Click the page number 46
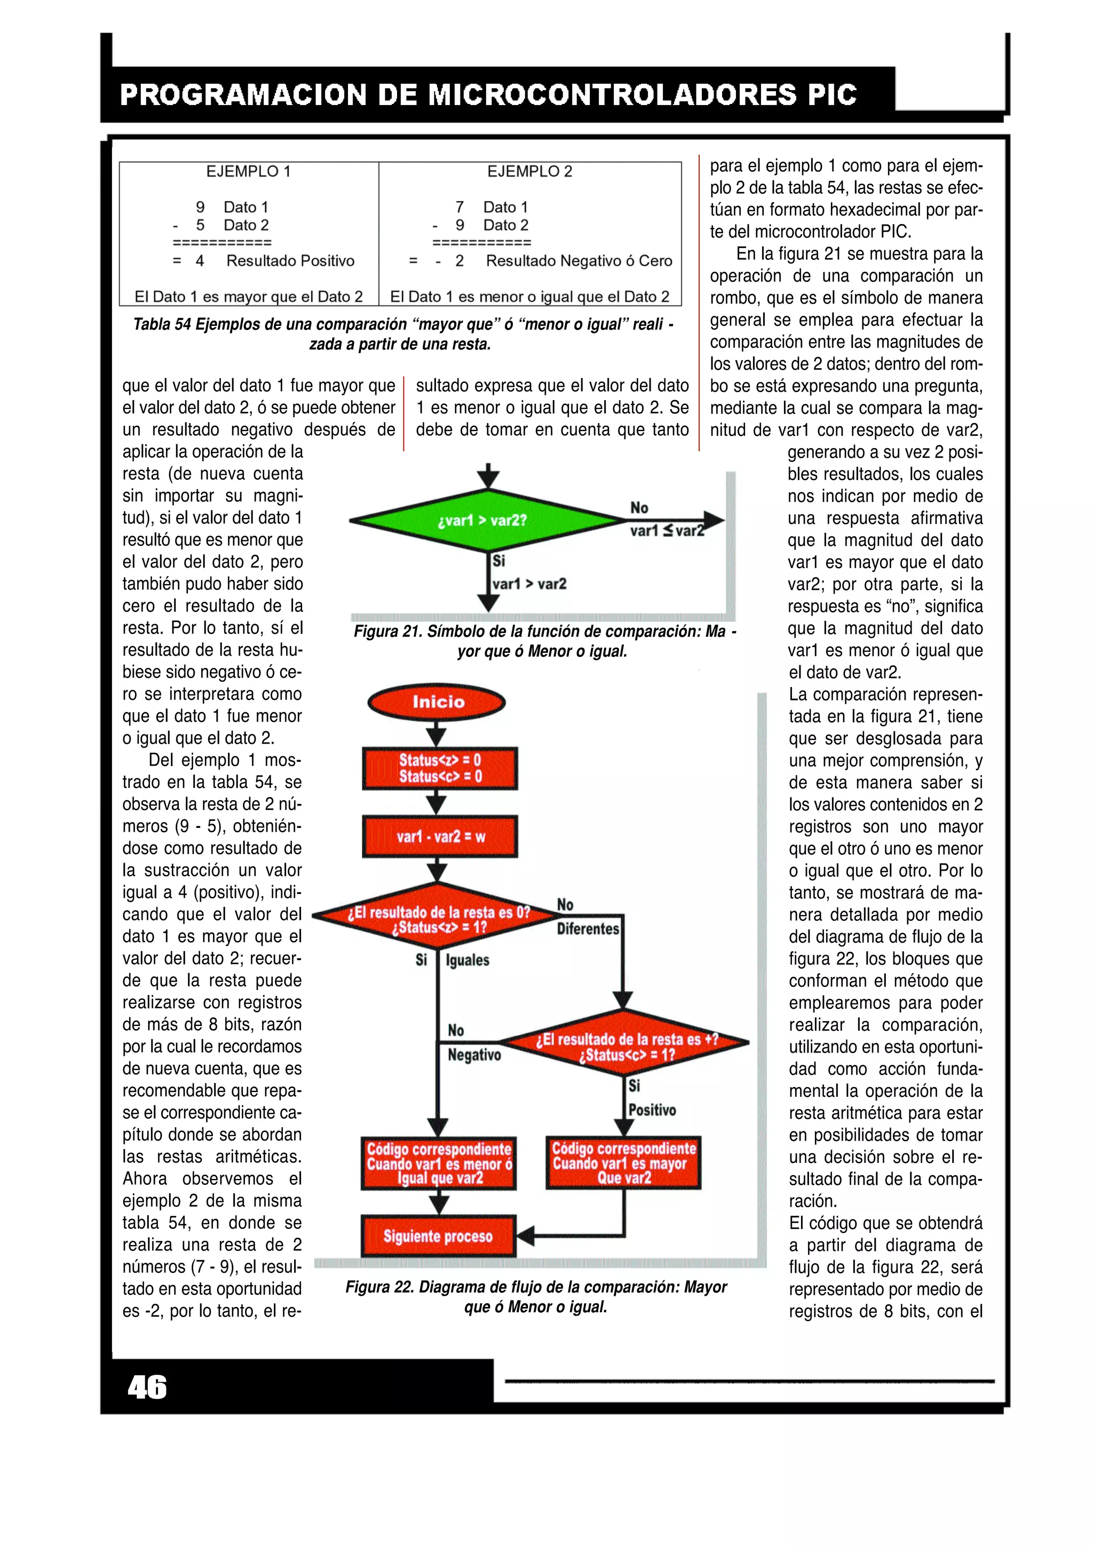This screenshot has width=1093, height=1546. pyautogui.click(x=147, y=1387)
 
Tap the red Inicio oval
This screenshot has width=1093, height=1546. pyautogui.click(x=437, y=702)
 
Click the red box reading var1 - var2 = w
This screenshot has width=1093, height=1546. pyautogui.click(x=440, y=836)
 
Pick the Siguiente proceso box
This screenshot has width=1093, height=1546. pyautogui.click(x=438, y=1236)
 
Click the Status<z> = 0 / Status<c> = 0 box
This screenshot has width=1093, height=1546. pyautogui.click(x=440, y=768)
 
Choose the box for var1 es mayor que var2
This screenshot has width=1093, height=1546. pyautogui.click(x=623, y=1163)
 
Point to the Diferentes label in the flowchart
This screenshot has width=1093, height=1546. pyautogui.click(x=587, y=929)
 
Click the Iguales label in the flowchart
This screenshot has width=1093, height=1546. pyautogui.click(x=468, y=960)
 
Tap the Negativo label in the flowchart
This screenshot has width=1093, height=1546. pyautogui.click(x=474, y=1055)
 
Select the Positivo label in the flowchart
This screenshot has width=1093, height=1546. pyautogui.click(x=652, y=1110)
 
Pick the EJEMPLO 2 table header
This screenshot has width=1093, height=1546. pyautogui.click(x=529, y=172)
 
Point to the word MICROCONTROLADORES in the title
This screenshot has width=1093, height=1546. pyautogui.click(x=613, y=95)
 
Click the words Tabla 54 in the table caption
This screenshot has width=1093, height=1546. pyautogui.click(x=162, y=324)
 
